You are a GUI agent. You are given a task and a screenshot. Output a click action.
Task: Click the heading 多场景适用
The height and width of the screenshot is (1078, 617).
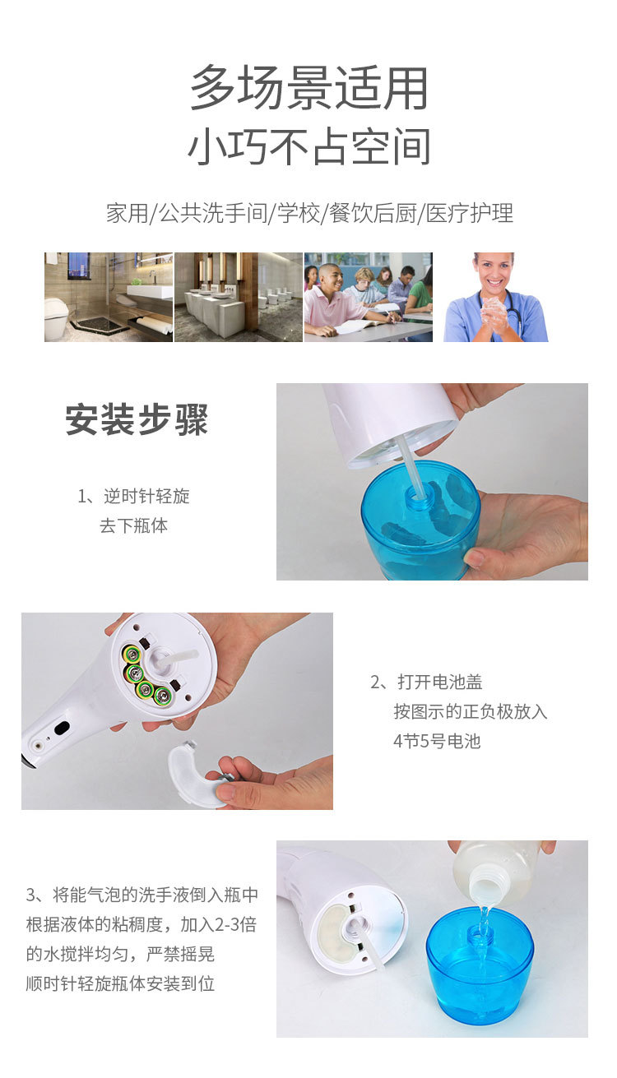(308, 89)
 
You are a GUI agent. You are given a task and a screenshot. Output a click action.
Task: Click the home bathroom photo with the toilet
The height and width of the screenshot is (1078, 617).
(108, 297)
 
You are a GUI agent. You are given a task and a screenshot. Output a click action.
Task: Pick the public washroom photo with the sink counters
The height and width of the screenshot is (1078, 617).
(238, 297)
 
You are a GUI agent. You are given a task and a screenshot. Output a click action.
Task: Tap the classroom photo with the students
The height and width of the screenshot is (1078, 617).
(368, 297)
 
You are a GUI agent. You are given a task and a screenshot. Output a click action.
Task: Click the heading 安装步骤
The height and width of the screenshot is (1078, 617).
(137, 420)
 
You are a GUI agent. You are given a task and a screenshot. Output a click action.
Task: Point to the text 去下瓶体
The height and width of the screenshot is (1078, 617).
(133, 526)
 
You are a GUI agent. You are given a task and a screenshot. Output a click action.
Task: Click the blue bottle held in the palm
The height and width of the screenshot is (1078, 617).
(420, 526)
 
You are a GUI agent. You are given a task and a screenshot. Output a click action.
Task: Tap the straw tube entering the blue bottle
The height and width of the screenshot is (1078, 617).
(408, 465)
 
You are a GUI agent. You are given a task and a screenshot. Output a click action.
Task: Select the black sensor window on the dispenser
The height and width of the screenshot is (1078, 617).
(61, 728)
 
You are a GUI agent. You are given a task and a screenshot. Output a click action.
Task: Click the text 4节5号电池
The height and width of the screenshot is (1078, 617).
(436, 741)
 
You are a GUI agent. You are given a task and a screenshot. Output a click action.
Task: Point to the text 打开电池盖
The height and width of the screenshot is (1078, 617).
(439, 682)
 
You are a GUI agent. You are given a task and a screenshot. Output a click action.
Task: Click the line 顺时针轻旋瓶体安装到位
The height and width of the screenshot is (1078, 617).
(120, 983)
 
